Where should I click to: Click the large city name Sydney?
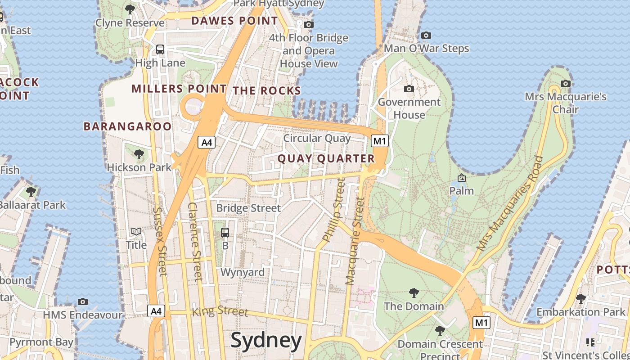coord(266,341)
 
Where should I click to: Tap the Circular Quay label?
coord(317,138)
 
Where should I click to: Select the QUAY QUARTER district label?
coord(326,158)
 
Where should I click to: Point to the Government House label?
coord(409,108)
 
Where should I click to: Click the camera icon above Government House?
coord(409,89)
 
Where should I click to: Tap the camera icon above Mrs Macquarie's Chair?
coord(566,83)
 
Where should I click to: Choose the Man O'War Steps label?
coord(426,49)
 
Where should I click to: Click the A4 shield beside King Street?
coord(156,311)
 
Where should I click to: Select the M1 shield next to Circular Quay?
coord(379,141)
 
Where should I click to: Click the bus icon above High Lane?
coord(160,49)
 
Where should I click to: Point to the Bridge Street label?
coord(248,208)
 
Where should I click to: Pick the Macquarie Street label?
coord(354,241)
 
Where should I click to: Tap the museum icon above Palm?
coord(461,178)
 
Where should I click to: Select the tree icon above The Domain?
coord(414,293)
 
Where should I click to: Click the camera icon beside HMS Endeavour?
coord(82,301)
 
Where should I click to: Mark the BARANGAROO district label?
coord(128,126)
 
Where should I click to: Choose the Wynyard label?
coord(243,272)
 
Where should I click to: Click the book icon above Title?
coord(136,231)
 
